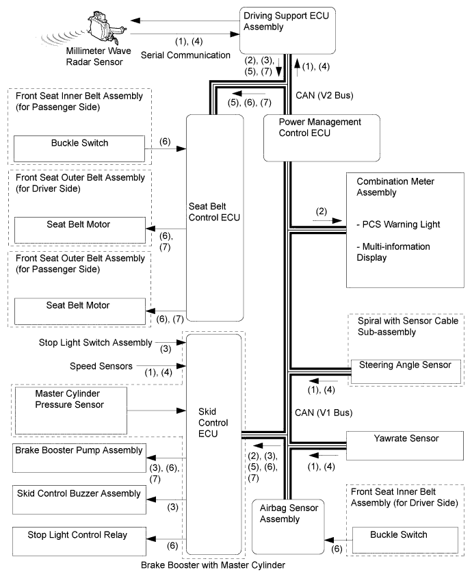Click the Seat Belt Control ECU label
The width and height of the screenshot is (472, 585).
(x=214, y=212)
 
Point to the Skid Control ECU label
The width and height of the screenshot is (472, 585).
(x=213, y=422)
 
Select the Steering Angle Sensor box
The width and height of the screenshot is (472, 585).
(x=406, y=372)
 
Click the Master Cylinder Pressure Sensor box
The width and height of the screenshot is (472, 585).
(x=71, y=411)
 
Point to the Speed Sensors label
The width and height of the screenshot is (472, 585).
(x=101, y=366)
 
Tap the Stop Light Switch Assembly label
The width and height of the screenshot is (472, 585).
(x=96, y=343)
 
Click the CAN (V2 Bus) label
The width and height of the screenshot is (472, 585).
(x=324, y=96)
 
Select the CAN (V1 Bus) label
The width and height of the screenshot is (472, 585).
(x=324, y=413)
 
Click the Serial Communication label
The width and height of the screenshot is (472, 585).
(x=185, y=55)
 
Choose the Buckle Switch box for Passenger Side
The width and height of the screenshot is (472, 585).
(x=79, y=149)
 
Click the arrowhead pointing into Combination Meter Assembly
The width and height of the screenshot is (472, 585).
(x=337, y=220)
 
